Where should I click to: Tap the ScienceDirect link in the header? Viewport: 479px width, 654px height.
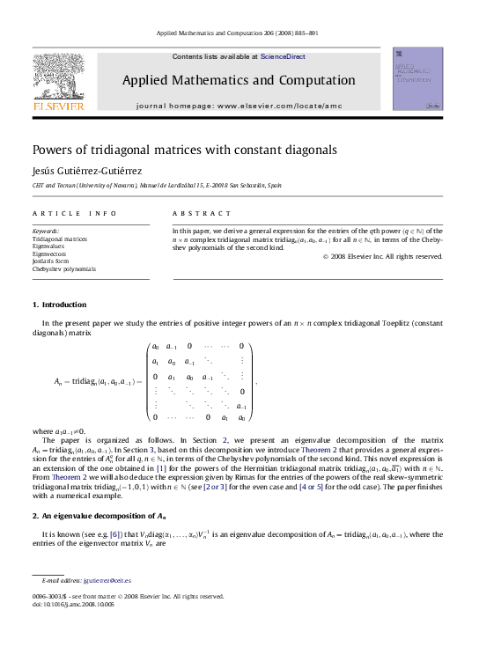(x=284, y=56)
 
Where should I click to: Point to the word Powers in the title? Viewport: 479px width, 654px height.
(x=54, y=151)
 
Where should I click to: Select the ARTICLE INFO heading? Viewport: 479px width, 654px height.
(x=75, y=214)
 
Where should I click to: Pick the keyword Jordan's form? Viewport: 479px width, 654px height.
(x=53, y=261)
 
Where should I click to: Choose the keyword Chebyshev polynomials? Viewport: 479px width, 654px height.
(x=64, y=269)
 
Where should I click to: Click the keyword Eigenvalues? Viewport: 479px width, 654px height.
(x=51, y=246)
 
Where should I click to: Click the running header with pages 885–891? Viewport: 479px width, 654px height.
(x=238, y=33)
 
